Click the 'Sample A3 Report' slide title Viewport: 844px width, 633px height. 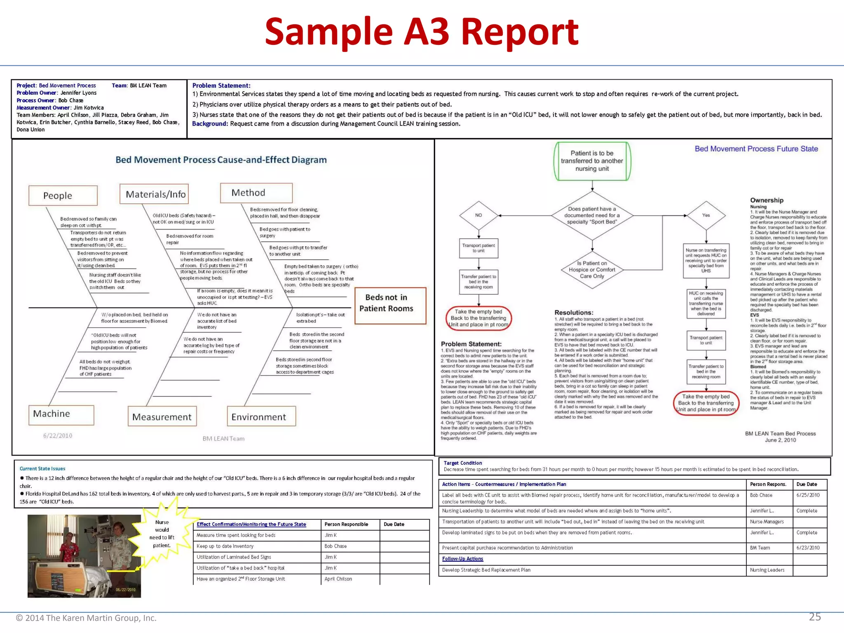tap(422, 32)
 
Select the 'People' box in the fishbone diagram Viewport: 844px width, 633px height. tap(63, 195)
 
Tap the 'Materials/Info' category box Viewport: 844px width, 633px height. tap(154, 194)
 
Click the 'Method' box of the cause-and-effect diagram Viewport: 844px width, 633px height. tap(256, 193)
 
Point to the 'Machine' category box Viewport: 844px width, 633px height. tap(61, 415)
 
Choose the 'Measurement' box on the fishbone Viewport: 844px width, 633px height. tap(162, 417)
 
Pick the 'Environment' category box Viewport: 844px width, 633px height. tap(261, 417)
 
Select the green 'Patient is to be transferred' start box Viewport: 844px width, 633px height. tap(592, 161)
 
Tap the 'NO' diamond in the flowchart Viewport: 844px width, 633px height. tap(478, 215)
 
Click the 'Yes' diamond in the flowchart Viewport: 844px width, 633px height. tap(706, 215)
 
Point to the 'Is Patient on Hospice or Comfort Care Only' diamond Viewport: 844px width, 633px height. tap(592, 270)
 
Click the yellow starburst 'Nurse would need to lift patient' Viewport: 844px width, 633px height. tap(162, 534)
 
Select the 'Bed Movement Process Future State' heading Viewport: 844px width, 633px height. tap(756, 149)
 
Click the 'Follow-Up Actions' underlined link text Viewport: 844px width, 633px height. tap(462, 559)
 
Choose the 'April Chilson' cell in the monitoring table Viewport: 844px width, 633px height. tap(338, 579)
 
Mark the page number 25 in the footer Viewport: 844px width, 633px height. tap(815, 617)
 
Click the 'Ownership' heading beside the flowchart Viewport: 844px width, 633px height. tap(767, 200)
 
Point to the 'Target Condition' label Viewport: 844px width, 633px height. tap(462, 463)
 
